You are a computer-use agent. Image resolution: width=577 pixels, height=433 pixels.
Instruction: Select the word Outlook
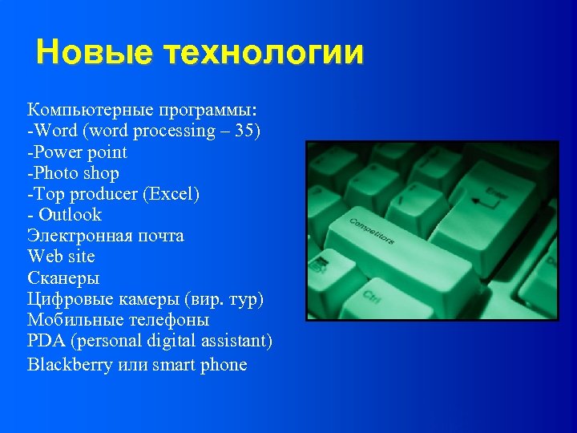(x=71, y=214)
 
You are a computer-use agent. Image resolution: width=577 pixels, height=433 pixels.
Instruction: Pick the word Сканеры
(x=63, y=278)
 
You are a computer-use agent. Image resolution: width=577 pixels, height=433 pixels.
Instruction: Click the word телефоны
(x=167, y=320)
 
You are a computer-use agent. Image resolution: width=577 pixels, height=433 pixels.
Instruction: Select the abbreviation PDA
(x=46, y=341)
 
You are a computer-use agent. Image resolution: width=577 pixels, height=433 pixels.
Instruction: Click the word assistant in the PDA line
(x=240, y=341)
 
